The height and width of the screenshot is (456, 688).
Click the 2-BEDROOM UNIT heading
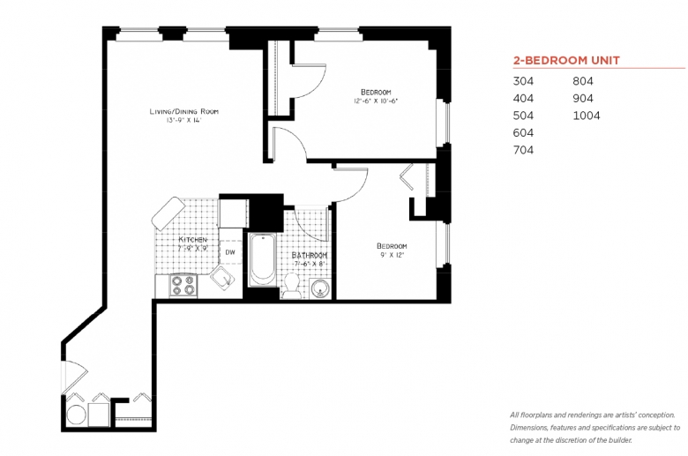(x=566, y=60)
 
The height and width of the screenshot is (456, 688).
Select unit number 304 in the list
(x=523, y=81)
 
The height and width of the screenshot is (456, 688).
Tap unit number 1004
(x=587, y=116)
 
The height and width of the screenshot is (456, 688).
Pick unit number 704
(x=523, y=150)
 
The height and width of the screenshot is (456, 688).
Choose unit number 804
(x=583, y=81)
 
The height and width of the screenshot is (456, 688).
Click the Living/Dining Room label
(x=183, y=111)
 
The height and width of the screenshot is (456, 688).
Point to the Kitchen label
(x=192, y=240)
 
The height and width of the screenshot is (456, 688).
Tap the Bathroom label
(x=310, y=255)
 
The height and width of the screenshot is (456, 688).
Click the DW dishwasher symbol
(x=230, y=252)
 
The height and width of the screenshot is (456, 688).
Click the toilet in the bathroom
(x=291, y=285)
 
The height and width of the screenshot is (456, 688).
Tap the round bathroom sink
(x=321, y=288)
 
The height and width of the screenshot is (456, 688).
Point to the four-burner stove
(x=183, y=285)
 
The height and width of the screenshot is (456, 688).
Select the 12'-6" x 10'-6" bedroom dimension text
(x=376, y=101)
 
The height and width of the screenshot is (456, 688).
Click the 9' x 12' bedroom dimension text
(x=392, y=255)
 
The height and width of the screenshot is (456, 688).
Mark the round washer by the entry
(x=77, y=415)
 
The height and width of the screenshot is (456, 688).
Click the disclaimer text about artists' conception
(x=595, y=428)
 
